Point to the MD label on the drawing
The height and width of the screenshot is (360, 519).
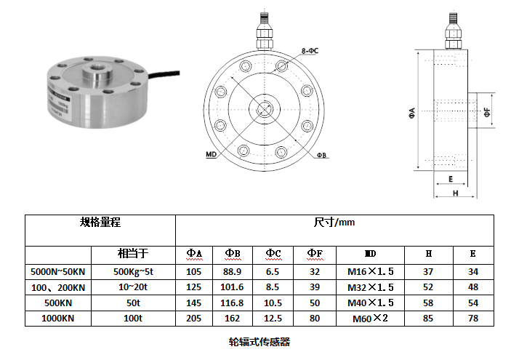pyautogui.click(x=212, y=154)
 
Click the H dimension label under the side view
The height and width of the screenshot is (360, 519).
pyautogui.click(x=456, y=193)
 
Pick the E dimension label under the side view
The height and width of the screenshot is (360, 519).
pyautogui.click(x=451, y=179)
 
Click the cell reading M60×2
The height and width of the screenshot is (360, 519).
pyautogui.click(x=371, y=319)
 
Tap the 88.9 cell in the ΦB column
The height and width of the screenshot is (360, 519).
pyautogui.click(x=233, y=271)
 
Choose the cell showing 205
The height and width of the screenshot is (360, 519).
pyautogui.click(x=194, y=318)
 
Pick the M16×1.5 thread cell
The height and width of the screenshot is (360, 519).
pyautogui.click(x=371, y=271)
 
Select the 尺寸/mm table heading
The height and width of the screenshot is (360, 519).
pyautogui.click(x=334, y=223)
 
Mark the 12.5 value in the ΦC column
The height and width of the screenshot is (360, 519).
pyautogui.click(x=273, y=318)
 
